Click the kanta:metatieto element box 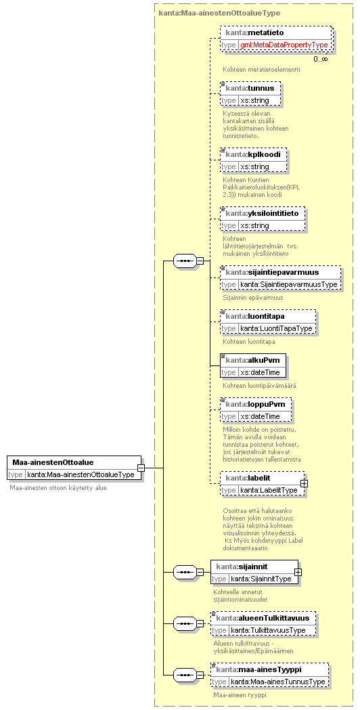click(x=276, y=39)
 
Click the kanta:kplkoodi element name click(x=253, y=154)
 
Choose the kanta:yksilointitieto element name click(x=262, y=213)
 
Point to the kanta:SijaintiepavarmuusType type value click(x=289, y=284)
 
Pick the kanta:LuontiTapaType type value click(x=277, y=328)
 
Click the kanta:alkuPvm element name click(x=252, y=360)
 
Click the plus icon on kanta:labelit click(x=305, y=483)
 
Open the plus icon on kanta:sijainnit click(x=298, y=572)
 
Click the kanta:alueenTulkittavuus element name click(x=263, y=618)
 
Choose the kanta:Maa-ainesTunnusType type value click(x=277, y=682)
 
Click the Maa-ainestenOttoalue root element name click(x=53, y=462)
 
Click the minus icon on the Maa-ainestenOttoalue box click(x=141, y=468)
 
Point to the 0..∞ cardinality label click(x=321, y=58)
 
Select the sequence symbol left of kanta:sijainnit click(x=185, y=573)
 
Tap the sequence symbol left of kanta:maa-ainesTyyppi click(x=185, y=675)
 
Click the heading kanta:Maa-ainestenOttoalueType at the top click(x=220, y=13)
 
